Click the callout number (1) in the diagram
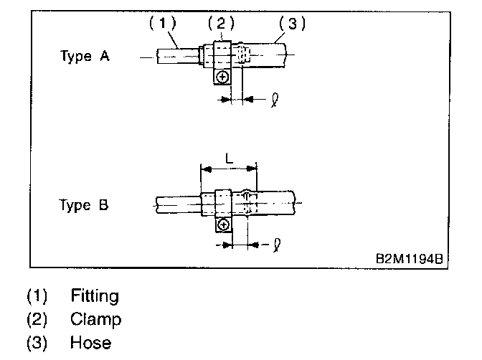tap(162, 23)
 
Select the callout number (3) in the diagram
tap(291, 23)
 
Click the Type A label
tap(85, 57)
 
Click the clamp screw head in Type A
tap(223, 76)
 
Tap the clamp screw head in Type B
tap(224, 224)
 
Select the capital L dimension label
tap(228, 156)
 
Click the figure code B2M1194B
tap(405, 257)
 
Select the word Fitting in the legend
tap(95, 295)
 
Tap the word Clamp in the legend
tap(96, 319)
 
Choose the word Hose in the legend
tap(90, 343)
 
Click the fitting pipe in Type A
tap(176, 55)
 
